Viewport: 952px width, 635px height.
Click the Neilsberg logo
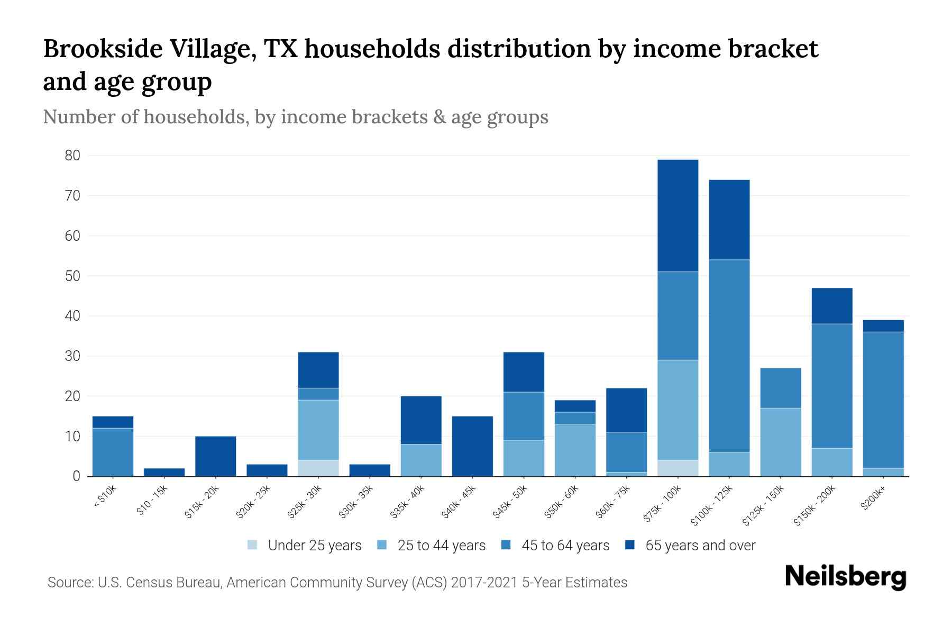pyautogui.click(x=845, y=577)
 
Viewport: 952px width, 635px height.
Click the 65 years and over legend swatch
pyautogui.click(x=630, y=545)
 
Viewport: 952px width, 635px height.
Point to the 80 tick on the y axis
pyautogui.click(x=72, y=156)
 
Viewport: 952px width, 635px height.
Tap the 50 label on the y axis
pyautogui.click(x=72, y=276)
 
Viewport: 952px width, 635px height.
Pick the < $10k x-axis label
pyautogui.click(x=104, y=498)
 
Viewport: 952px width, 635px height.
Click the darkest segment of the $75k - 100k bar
pyautogui.click(x=678, y=215)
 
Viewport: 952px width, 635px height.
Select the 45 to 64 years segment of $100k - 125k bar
pyautogui.click(x=729, y=356)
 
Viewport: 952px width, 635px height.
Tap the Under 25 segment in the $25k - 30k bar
pyautogui.click(x=318, y=468)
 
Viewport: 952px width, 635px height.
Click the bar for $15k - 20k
pyautogui.click(x=215, y=456)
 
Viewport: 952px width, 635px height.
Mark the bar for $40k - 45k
pyautogui.click(x=472, y=446)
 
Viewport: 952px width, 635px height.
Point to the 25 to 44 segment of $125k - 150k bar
pyautogui.click(x=780, y=442)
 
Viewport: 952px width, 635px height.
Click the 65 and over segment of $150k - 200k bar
pyautogui.click(x=831, y=306)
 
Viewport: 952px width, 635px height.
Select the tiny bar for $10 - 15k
pyautogui.click(x=164, y=472)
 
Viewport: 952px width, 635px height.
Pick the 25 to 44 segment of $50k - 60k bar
pyautogui.click(x=575, y=450)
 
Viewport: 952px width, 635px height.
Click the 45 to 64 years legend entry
pyautogui.click(x=565, y=546)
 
